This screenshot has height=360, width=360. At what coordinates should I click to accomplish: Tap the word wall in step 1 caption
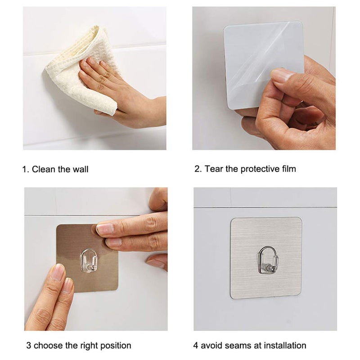[80, 170]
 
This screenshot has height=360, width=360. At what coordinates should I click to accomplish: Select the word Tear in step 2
[214, 169]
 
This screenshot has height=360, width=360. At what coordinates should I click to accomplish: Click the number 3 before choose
[28, 346]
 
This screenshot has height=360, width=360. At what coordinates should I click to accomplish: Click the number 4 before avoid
[196, 346]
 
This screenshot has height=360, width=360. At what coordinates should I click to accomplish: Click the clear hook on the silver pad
[267, 261]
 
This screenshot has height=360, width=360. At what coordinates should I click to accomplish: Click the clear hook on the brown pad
[88, 261]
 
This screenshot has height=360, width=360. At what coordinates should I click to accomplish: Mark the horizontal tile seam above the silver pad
[265, 207]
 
